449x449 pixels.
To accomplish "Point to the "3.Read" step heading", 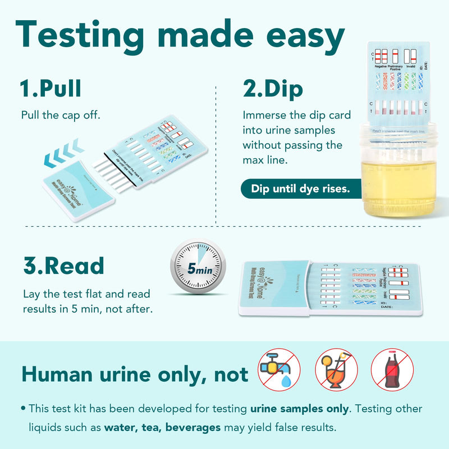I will tap(63, 265).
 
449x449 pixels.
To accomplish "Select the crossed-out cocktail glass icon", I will tap(335, 369).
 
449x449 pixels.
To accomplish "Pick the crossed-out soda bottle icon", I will tap(392, 369).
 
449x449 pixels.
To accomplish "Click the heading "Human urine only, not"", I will tap(135, 374).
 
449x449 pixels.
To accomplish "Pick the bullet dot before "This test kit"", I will tap(22, 409).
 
